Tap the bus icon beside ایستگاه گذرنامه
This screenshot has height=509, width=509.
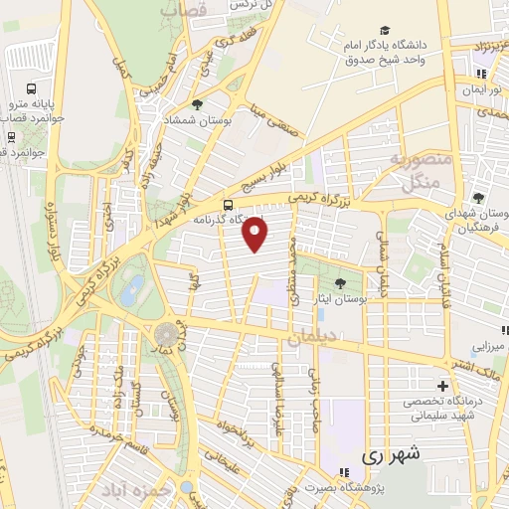[x=230, y=206]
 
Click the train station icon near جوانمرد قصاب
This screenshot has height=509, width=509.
[x=11, y=136]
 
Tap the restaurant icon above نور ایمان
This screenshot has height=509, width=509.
[x=481, y=73]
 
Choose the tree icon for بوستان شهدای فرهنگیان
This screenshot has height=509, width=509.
[x=478, y=198]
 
